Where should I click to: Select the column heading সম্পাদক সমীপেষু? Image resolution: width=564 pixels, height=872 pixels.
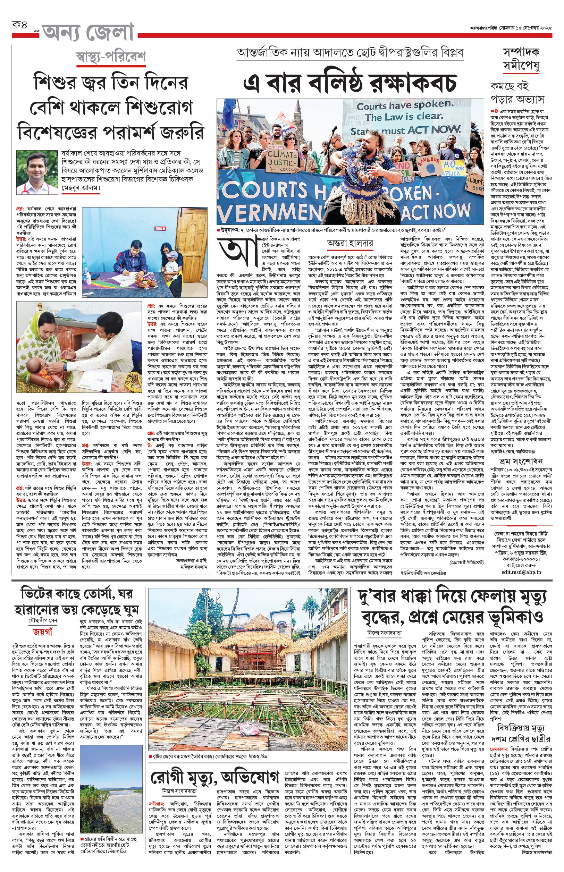(521, 59)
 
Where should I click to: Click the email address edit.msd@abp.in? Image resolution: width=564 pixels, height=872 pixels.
(521, 572)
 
